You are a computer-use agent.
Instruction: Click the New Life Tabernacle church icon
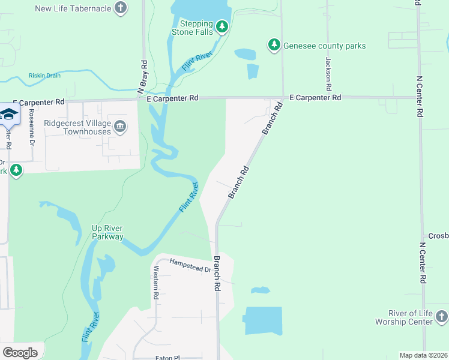click(121, 8)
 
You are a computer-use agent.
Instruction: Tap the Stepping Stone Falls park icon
click(223, 26)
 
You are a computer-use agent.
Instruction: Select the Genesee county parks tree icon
click(274, 45)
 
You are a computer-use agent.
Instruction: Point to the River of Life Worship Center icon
click(442, 316)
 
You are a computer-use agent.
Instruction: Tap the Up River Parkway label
click(107, 232)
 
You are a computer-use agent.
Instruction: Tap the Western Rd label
click(155, 284)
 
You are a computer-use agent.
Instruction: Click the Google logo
click(20, 353)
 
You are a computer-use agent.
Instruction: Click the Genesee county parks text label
click(325, 46)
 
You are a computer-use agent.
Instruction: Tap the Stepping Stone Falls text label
click(193, 28)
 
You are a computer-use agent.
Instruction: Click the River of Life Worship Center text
click(411, 317)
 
